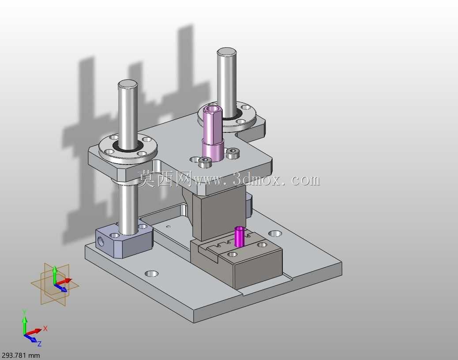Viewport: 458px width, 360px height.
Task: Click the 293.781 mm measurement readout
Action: click(x=20, y=355)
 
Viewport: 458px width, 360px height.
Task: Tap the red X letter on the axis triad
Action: click(x=45, y=329)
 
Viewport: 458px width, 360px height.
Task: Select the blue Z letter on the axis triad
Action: click(x=39, y=344)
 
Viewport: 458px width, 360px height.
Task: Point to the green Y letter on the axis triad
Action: click(x=25, y=312)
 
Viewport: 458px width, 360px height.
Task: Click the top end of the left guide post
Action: click(x=128, y=83)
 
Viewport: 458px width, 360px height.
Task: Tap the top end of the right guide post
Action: click(x=226, y=52)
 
